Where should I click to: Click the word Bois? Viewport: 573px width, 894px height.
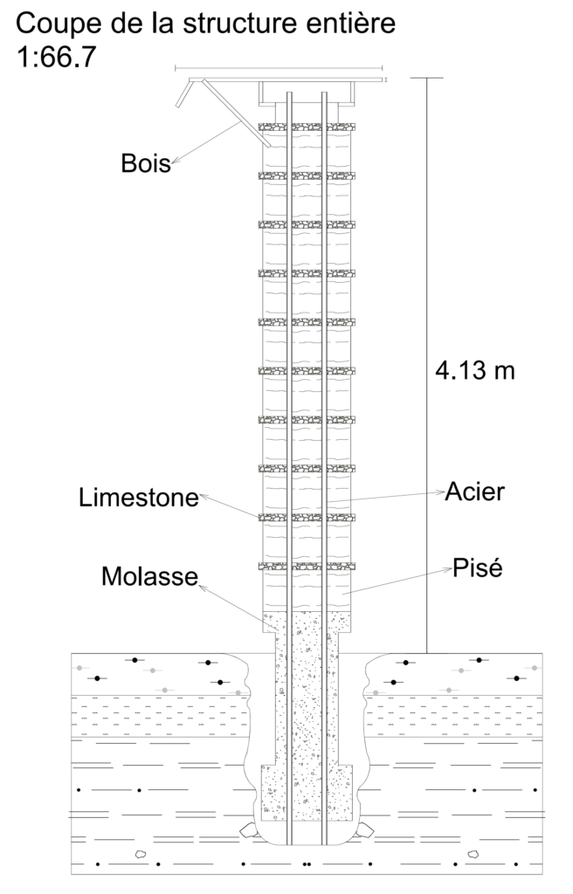[146, 162]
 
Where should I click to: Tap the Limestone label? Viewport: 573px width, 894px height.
[138, 499]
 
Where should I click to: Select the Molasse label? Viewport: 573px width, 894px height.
[148, 577]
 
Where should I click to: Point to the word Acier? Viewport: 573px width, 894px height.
[474, 492]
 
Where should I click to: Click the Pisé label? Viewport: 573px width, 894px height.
[477, 568]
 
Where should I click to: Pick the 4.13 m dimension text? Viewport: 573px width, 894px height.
[475, 370]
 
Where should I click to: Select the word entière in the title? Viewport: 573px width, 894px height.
[349, 22]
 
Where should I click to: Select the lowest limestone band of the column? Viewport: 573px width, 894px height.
[307, 566]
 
